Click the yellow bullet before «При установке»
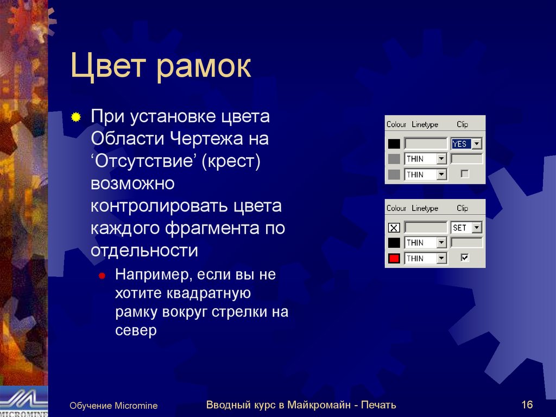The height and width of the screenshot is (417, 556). click(x=77, y=117)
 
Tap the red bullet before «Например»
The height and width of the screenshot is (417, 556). click(x=102, y=276)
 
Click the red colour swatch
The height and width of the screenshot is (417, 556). click(x=394, y=258)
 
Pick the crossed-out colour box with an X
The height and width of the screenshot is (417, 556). click(x=394, y=228)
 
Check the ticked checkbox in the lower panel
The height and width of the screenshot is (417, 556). click(x=464, y=258)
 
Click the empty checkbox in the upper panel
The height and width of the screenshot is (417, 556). click(x=464, y=174)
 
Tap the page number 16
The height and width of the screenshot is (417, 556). click(x=527, y=404)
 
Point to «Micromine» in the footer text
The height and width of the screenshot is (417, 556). click(x=136, y=406)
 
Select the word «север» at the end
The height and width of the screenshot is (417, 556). click(x=135, y=331)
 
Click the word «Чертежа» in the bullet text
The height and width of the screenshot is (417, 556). click(x=209, y=139)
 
